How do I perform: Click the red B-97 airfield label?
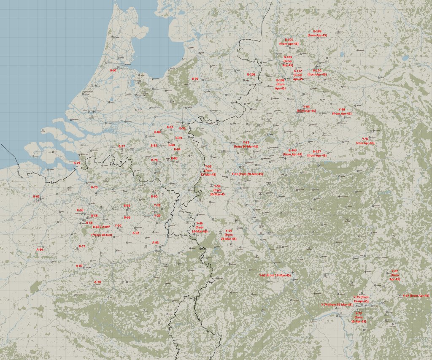(113, 70)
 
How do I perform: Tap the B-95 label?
(195, 79)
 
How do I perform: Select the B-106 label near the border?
(251, 74)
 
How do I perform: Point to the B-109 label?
(317, 32)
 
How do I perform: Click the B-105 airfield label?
(289, 40)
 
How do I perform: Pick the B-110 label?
(317, 70)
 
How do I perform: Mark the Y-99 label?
(342, 110)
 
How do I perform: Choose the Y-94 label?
(306, 107)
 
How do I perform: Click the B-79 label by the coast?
(77, 163)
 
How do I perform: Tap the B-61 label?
(36, 196)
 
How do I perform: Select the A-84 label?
(40, 249)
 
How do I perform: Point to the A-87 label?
(79, 266)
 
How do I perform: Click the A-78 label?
(97, 282)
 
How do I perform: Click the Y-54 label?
(228, 231)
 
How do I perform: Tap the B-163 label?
(292, 150)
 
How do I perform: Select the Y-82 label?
(246, 143)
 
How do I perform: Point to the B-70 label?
(94, 187)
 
